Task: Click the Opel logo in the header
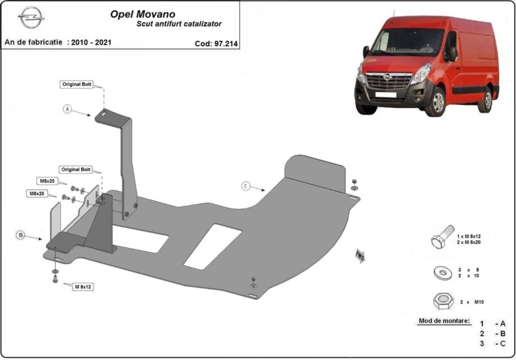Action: tap(31, 18)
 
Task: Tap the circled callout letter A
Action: tap(68, 109)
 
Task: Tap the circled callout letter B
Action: tap(21, 236)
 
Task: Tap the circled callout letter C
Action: tap(246, 186)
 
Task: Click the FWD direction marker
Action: tap(360, 257)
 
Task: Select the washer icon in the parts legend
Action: tap(442, 273)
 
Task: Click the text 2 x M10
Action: tap(472, 302)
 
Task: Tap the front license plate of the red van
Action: tap(386, 95)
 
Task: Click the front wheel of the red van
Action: tap(436, 102)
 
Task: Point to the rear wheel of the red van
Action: tap(486, 100)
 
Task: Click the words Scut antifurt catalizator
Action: tap(179, 24)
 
